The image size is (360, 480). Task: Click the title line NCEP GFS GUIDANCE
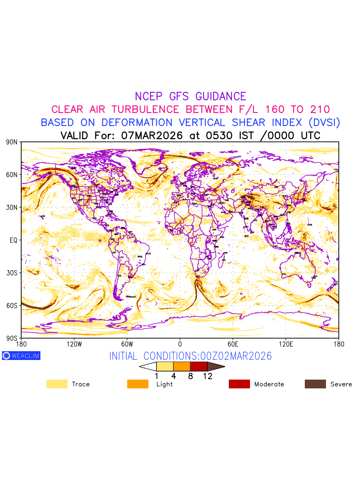(x=190, y=96)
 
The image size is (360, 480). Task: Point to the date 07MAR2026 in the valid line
(x=152, y=135)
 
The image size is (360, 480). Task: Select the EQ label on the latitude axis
(x=14, y=240)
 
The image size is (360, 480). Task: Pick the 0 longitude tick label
(x=180, y=344)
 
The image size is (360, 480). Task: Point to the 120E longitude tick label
(x=286, y=344)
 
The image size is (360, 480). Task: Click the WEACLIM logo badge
(x=21, y=356)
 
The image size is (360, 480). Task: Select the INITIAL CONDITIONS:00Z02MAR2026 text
(x=190, y=356)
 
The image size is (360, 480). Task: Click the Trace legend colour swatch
(x=57, y=384)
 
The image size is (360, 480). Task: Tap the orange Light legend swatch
(x=138, y=384)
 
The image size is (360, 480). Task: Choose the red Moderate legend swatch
(x=239, y=384)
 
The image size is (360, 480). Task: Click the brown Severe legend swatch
(x=315, y=384)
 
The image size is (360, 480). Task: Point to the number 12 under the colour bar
(x=208, y=376)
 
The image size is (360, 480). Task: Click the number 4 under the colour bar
(x=174, y=376)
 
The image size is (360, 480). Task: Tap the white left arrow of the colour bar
(x=148, y=366)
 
